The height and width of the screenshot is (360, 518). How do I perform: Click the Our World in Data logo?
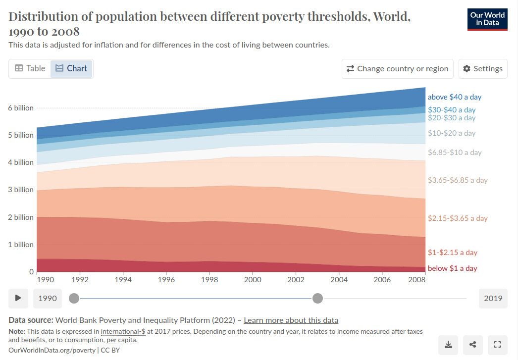[487, 19]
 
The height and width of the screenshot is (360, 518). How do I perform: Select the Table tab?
[30, 68]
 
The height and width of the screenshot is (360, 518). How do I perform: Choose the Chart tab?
[71, 68]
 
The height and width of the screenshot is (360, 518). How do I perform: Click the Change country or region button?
[398, 69]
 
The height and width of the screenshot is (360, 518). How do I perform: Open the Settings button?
[483, 69]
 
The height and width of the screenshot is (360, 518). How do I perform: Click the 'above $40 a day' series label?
[454, 97]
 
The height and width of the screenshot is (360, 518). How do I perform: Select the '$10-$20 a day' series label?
[451, 133]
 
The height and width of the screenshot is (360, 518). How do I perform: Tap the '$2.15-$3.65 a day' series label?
[457, 218]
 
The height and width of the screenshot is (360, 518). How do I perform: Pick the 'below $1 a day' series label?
[452, 268]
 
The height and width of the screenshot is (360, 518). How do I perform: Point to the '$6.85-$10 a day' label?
[454, 153]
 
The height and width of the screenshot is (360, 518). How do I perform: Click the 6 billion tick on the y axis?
[20, 108]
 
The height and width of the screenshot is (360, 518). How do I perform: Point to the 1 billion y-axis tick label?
[20, 245]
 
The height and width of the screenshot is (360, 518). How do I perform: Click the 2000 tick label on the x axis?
[253, 280]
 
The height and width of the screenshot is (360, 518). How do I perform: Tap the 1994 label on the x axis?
[123, 280]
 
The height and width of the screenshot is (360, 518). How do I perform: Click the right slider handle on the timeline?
[318, 298]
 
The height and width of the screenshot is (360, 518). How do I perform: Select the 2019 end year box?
[493, 298]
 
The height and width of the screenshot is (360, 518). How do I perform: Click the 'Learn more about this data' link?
[291, 320]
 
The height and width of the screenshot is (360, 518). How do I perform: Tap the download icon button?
[448, 345]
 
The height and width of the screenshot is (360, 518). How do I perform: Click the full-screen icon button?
[498, 345]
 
